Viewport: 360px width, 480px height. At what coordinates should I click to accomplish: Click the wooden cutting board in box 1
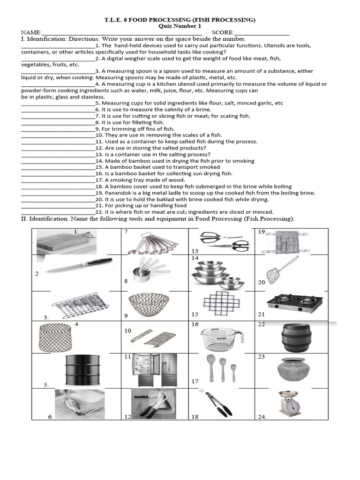point(63,242)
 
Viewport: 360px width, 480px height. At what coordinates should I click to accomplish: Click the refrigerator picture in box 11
point(155,370)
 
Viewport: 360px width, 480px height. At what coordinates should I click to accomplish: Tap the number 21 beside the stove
point(262,314)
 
